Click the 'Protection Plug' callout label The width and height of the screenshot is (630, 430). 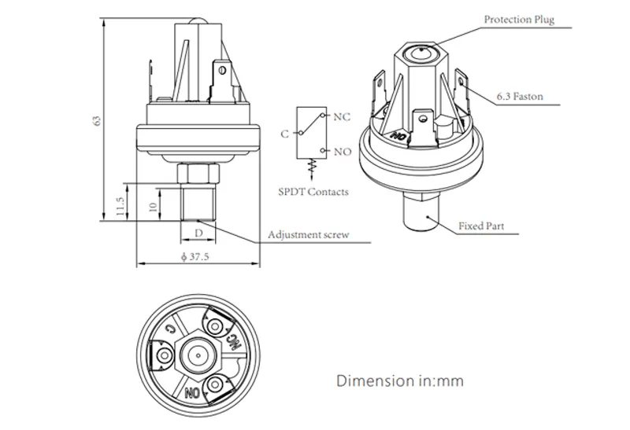tap(518, 20)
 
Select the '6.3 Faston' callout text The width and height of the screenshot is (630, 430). tap(520, 97)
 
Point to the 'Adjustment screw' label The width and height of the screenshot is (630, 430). tap(308, 235)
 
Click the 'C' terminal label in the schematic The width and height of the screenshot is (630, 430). tap(284, 134)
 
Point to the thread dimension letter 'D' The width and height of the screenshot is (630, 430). tap(199, 233)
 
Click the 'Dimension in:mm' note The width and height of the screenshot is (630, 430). tap(399, 382)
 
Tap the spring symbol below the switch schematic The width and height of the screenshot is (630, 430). tap(310, 167)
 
